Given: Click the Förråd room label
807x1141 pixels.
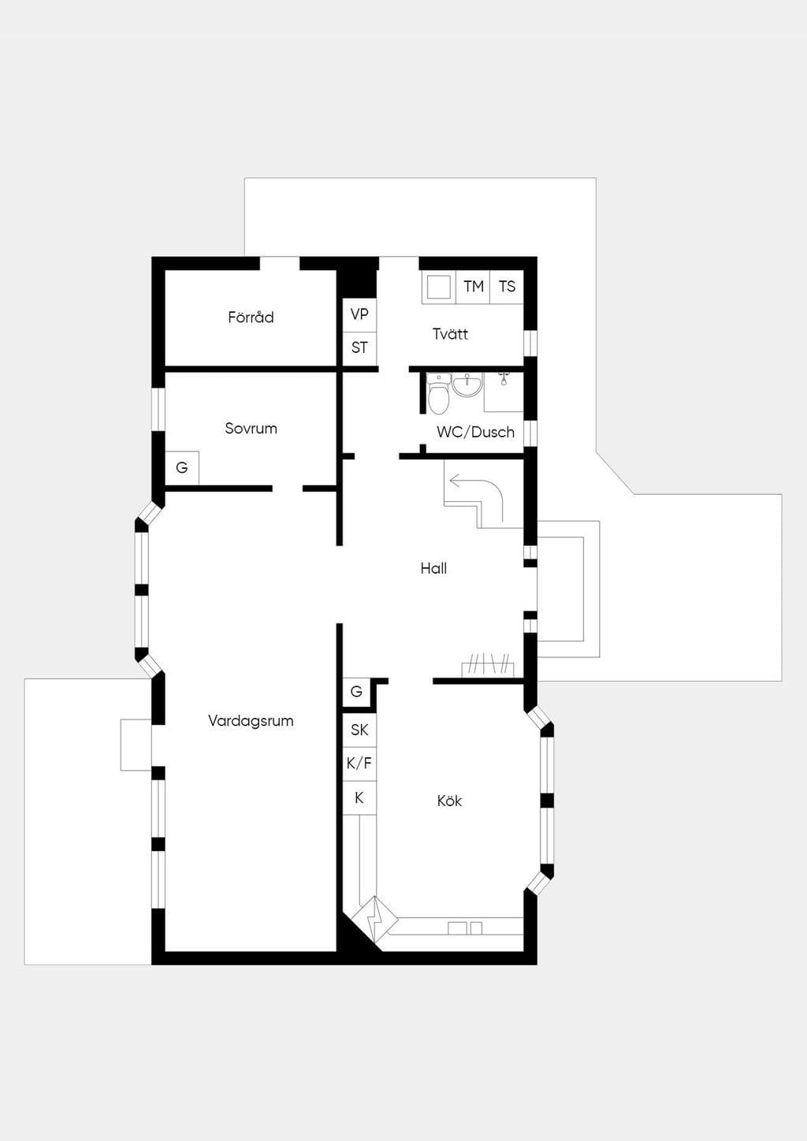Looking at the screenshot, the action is [x=251, y=318].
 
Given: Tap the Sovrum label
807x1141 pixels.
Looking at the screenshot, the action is [x=251, y=429].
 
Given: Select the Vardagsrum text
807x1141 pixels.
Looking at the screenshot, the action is [x=251, y=721].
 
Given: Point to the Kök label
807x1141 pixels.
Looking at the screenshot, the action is [x=449, y=801].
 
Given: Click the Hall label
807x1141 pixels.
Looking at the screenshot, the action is [x=433, y=568].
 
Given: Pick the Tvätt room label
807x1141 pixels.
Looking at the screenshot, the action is [x=450, y=333].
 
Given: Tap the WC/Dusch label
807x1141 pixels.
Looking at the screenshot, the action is [x=475, y=432].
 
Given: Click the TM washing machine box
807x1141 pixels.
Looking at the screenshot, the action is [x=473, y=287].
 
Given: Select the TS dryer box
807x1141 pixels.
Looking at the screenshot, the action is [x=507, y=287].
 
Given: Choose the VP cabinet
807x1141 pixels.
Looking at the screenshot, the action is [x=359, y=314].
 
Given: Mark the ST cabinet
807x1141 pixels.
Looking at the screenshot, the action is [x=359, y=348].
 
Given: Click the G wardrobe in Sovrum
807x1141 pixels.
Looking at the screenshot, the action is [x=182, y=467].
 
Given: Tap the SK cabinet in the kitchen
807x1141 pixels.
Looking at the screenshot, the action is [x=359, y=730].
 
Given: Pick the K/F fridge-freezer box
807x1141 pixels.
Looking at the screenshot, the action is [x=359, y=764].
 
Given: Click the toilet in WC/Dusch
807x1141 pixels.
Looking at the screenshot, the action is [x=438, y=395].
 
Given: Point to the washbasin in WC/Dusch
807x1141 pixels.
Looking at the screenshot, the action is [x=467, y=385].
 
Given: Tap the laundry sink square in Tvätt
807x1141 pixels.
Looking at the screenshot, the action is [x=439, y=288].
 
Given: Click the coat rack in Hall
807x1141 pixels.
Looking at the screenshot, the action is [x=488, y=666].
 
